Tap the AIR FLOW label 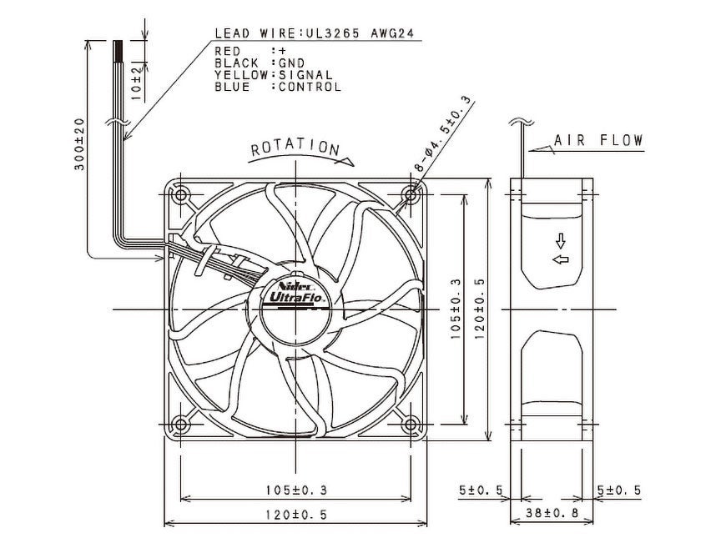[598, 140]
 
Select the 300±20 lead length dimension [79, 144]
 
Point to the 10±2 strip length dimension [136, 83]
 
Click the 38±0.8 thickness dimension [552, 513]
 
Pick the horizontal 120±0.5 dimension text [296, 515]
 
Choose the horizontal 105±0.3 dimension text [296, 490]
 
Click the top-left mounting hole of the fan [180, 195]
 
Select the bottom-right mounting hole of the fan [411, 424]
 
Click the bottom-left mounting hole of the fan [180, 424]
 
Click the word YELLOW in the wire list [241, 75]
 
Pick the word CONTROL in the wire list [310, 87]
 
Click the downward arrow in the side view [561, 241]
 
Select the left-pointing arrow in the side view [561, 259]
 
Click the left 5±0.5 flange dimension [481, 490]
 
